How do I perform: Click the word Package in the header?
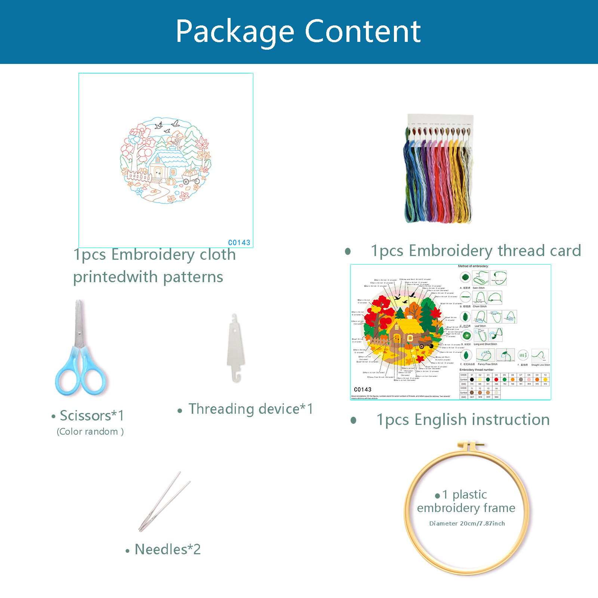coord(235,32)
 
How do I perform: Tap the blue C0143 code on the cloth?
coord(239,243)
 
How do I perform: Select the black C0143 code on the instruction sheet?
coord(363,389)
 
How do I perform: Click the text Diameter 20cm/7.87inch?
coord(467,523)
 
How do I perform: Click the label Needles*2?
coord(167,549)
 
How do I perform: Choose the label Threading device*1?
coord(250,409)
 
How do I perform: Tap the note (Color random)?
coord(90,432)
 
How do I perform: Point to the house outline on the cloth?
coord(164,164)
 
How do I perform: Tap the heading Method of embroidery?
coord(473,266)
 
